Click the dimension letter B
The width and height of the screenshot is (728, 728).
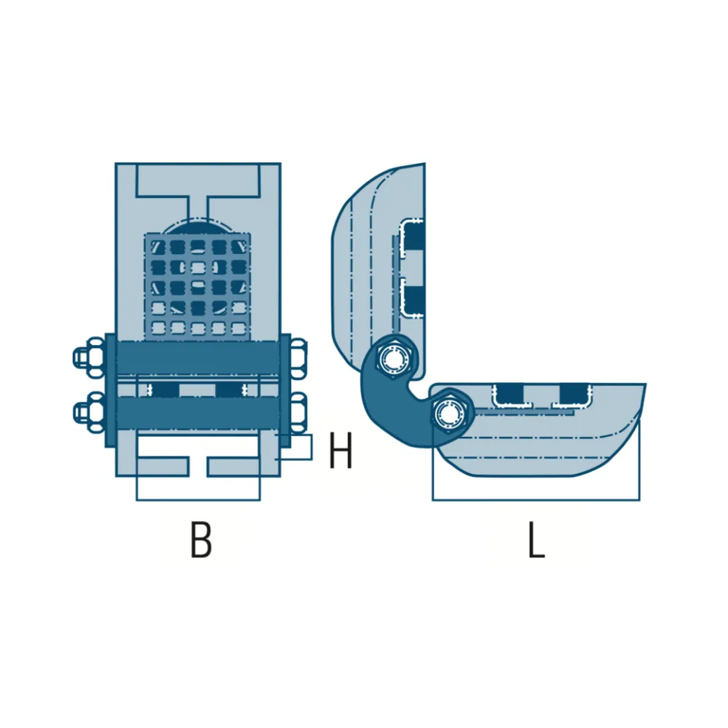click(x=201, y=539)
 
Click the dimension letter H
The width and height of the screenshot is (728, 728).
click(x=340, y=450)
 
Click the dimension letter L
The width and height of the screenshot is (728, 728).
click(x=536, y=539)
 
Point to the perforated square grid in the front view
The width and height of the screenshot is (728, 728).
click(x=198, y=286)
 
